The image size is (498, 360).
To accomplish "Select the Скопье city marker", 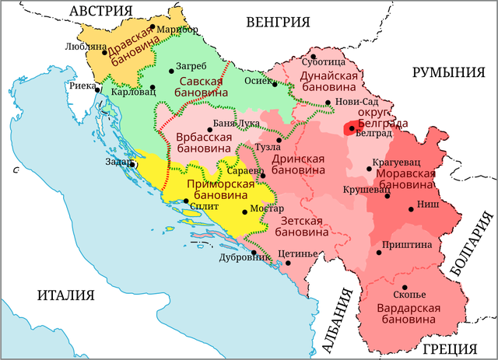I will tap(403, 287).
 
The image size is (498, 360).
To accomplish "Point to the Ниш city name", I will tap(427, 208).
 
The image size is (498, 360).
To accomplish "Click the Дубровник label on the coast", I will tap(226, 256).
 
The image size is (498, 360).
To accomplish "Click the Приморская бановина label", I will tap(222, 190).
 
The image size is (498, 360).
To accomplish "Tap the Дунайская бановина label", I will tap(328, 82).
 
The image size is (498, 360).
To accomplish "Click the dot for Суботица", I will tap(313, 56).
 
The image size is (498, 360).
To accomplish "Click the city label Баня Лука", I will tap(236, 124).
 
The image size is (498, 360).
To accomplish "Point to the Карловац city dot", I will tap(153, 87).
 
